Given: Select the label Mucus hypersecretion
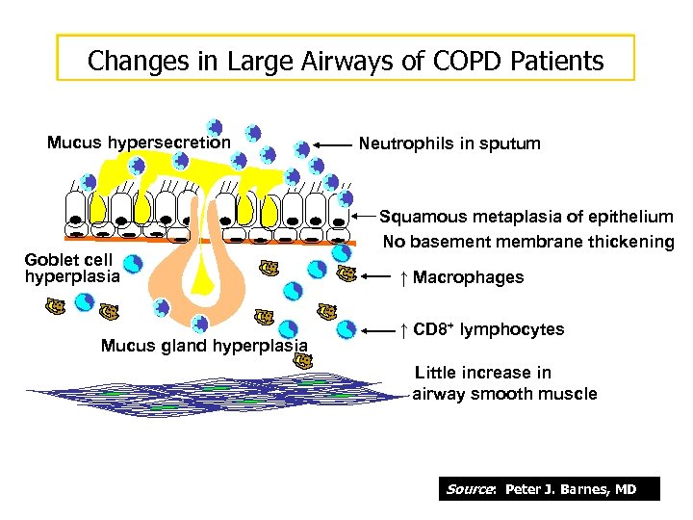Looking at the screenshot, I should click(x=139, y=143).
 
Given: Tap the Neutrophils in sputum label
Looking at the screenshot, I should click(x=449, y=143).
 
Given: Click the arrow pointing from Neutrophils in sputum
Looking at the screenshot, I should click(x=332, y=144).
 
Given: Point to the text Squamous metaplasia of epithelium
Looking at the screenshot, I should click(x=526, y=218).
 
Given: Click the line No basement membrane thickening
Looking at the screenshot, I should click(x=528, y=242).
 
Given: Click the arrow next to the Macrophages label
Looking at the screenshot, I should click(x=381, y=278).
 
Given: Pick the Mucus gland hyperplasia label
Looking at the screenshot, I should click(x=204, y=346).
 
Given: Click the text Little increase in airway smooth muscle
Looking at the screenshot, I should click(x=504, y=383).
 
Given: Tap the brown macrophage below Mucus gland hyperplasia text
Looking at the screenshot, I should click(x=304, y=361).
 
